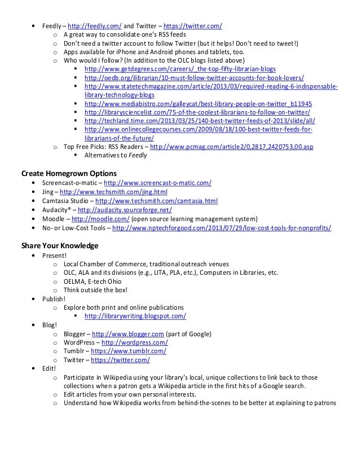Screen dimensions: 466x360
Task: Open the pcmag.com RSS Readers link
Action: pyautogui.click(x=231, y=147)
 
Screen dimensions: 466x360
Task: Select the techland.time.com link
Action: pyautogui.click(x=200, y=121)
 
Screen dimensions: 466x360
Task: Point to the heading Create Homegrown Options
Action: pyautogui.click(x=69, y=173)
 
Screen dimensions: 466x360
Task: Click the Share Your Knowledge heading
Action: pyautogui.click(x=60, y=246)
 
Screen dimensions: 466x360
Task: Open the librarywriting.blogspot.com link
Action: pyautogui.click(x=135, y=316)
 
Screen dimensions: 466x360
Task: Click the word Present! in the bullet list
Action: pyautogui.click(x=54, y=255)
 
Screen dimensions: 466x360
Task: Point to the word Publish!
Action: pyautogui.click(x=54, y=299)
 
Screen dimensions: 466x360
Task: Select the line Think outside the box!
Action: pyautogui.click(x=95, y=290)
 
